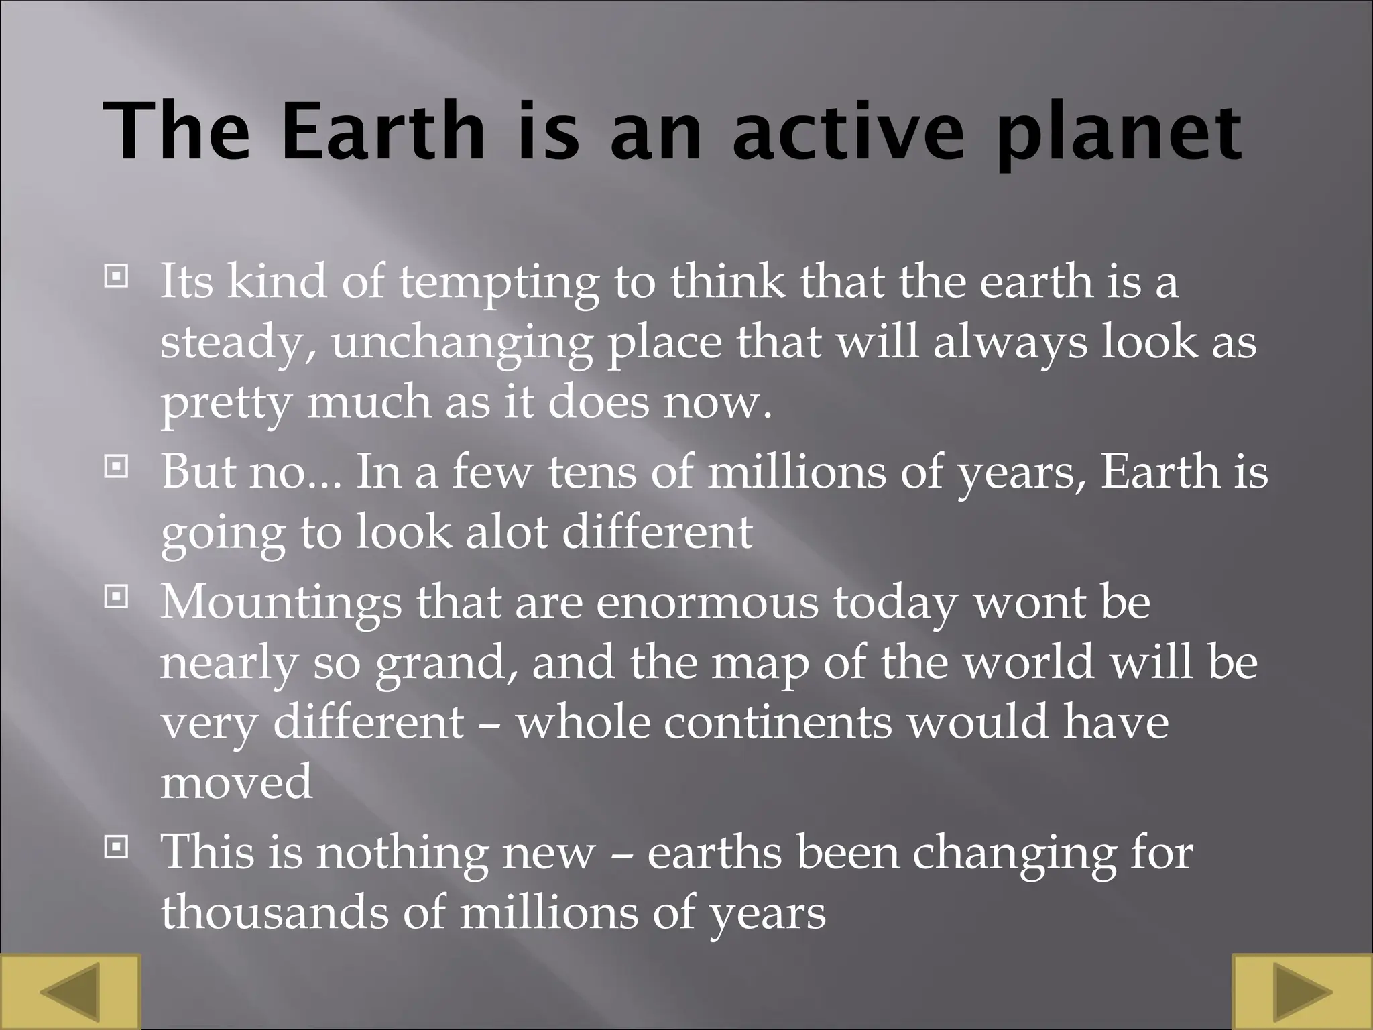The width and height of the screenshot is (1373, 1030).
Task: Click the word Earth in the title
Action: pos(383,131)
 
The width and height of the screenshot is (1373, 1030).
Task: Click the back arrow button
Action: pos(70,992)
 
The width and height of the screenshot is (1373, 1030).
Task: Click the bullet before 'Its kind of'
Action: pos(116,276)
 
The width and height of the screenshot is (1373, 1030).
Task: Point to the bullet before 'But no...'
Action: pos(116,466)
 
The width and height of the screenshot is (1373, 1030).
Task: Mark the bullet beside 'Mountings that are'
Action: pos(116,595)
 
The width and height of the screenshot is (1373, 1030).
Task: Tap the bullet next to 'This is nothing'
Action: pos(116,848)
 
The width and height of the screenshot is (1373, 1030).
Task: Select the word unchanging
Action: pos(462,344)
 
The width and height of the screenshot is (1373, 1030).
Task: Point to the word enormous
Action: pos(707,602)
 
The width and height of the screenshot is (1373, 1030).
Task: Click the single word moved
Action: pos(236,783)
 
